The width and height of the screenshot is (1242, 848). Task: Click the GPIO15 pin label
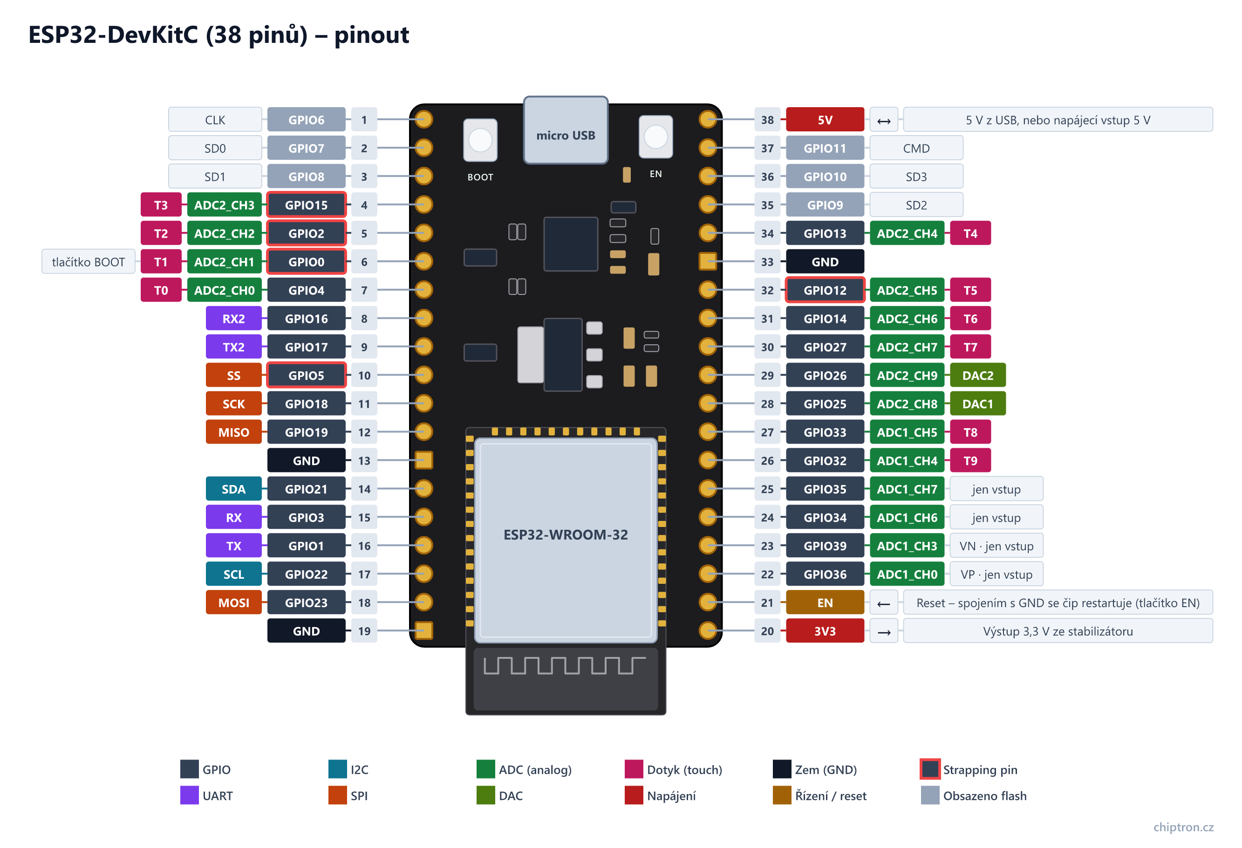pyautogui.click(x=306, y=205)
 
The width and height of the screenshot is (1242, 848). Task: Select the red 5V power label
pyautogui.click(x=825, y=120)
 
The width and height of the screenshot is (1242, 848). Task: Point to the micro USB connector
pyautogui.click(x=566, y=130)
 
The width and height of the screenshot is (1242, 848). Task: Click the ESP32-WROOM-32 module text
pyautogui.click(x=566, y=534)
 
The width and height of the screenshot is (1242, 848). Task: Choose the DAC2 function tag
pyautogui.click(x=977, y=376)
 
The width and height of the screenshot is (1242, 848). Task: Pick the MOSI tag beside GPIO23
pyautogui.click(x=233, y=603)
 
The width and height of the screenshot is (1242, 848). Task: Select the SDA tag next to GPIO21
pyautogui.click(x=233, y=489)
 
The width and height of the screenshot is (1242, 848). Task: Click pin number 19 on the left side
pyautogui.click(x=364, y=631)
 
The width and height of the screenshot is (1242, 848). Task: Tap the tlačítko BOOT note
pyautogui.click(x=88, y=262)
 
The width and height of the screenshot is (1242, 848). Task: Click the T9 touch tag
pyautogui.click(x=970, y=461)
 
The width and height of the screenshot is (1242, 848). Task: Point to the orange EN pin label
pyautogui.click(x=825, y=603)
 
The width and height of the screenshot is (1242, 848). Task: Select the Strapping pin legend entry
pyautogui.click(x=969, y=769)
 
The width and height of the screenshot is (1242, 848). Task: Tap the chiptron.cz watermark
pyautogui.click(x=1183, y=827)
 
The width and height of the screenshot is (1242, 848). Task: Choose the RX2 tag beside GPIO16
pyautogui.click(x=233, y=319)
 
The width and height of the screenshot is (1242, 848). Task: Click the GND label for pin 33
pyautogui.click(x=825, y=262)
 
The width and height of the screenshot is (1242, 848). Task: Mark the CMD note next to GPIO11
pyautogui.click(x=916, y=148)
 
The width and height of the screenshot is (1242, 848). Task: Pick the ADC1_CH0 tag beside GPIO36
pyautogui.click(x=907, y=574)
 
